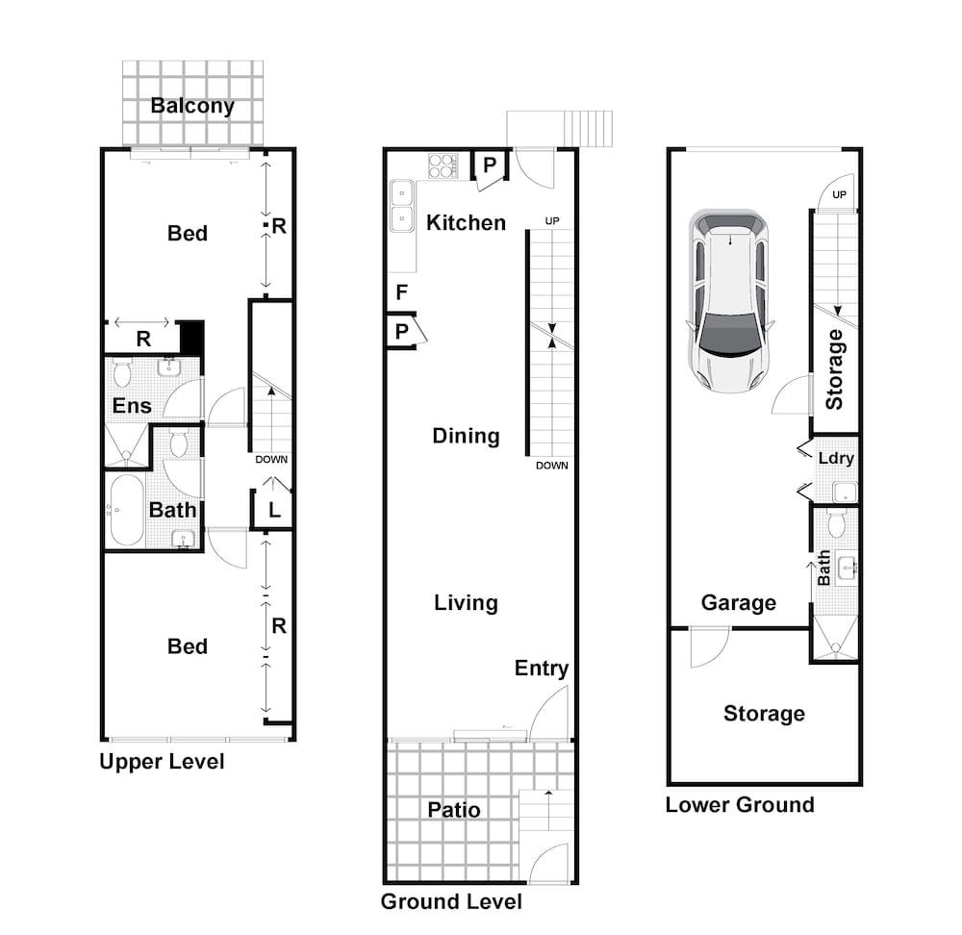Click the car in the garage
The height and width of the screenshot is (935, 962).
[729, 301]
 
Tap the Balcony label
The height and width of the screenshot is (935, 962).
[192, 106]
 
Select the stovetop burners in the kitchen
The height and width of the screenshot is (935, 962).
[443, 165]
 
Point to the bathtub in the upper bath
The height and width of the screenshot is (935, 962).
[127, 511]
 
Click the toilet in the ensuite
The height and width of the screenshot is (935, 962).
[122, 373]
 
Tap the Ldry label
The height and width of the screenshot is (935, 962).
[836, 459]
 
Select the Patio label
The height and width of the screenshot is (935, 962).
[453, 810]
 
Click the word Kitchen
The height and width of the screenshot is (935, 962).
[467, 223]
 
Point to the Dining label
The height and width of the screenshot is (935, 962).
[466, 436]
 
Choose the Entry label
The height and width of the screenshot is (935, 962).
[541, 669]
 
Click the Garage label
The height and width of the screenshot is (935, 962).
[739, 603]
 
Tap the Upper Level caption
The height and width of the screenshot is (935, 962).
[162, 762]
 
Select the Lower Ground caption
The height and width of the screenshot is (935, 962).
[740, 805]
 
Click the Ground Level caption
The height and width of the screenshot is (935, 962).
[451, 901]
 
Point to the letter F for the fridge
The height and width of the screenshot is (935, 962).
[402, 292]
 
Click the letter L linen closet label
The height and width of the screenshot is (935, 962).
[274, 510]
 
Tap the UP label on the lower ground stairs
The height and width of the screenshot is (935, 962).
[839, 194]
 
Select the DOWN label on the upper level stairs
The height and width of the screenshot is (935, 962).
[271, 460]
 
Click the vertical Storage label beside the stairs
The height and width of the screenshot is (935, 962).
[835, 369]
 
